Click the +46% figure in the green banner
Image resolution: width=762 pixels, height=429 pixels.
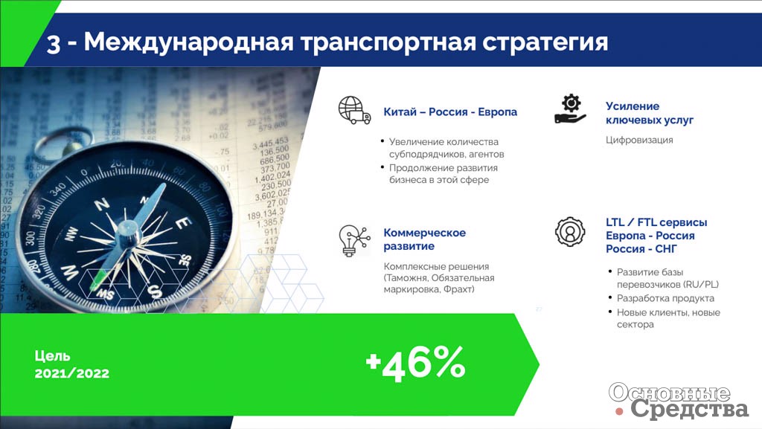pyautogui.click(x=415, y=363)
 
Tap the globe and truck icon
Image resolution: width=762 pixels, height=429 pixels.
pyautogui.click(x=354, y=110)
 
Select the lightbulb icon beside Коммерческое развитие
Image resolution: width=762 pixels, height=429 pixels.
pyautogui.click(x=354, y=240)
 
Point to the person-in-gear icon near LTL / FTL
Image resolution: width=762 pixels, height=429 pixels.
pyautogui.click(x=570, y=231)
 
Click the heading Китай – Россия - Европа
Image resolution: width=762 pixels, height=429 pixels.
pyautogui.click(x=450, y=112)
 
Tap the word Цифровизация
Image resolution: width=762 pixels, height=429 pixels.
pyautogui.click(x=639, y=141)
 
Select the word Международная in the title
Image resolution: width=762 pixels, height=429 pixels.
pyautogui.click(x=188, y=42)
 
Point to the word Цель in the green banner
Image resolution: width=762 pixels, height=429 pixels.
pyautogui.click(x=53, y=357)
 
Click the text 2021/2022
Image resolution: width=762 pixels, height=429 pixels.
pyautogui.click(x=72, y=373)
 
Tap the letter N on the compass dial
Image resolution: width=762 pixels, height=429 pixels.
pyautogui.click(x=102, y=204)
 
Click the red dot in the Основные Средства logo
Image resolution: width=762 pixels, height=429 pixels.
pyautogui.click(x=619, y=412)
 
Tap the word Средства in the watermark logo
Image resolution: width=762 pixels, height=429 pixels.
pyautogui.click(x=690, y=409)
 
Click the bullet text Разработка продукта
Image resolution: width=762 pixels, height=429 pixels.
pyautogui.click(x=665, y=298)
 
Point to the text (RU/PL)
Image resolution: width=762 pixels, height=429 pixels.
pyautogui.click(x=701, y=284)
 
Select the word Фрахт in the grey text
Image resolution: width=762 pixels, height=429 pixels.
pyautogui.click(x=458, y=290)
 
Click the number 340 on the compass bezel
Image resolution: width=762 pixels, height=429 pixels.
pyautogui.click(x=57, y=190)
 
